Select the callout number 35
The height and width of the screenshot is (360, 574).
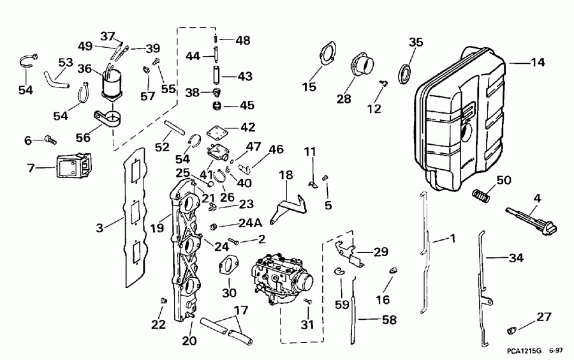pos(416,43)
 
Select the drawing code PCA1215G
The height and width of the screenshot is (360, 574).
pos(515,351)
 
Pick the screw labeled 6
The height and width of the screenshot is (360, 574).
pos(50,138)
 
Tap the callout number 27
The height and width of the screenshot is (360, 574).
pos(543,317)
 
